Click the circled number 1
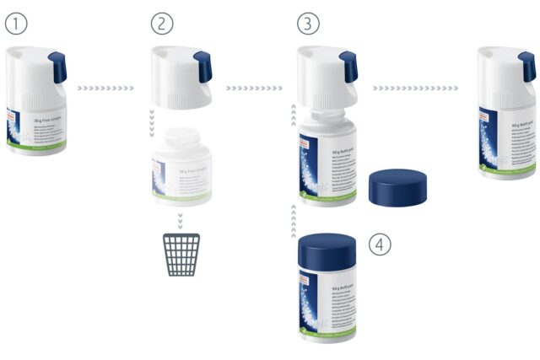(x=16, y=24)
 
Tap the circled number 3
(x=309, y=24)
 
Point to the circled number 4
(x=381, y=244)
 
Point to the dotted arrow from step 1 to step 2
(x=105, y=86)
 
